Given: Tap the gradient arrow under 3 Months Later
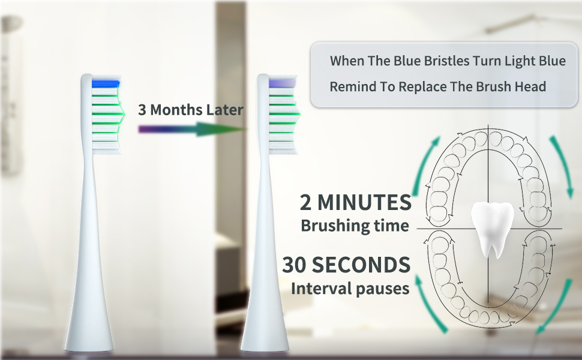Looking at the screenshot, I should [192, 128].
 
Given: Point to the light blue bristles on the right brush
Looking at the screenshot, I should [283, 82].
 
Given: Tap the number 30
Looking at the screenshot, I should [296, 265].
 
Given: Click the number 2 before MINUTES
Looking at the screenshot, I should [306, 203].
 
